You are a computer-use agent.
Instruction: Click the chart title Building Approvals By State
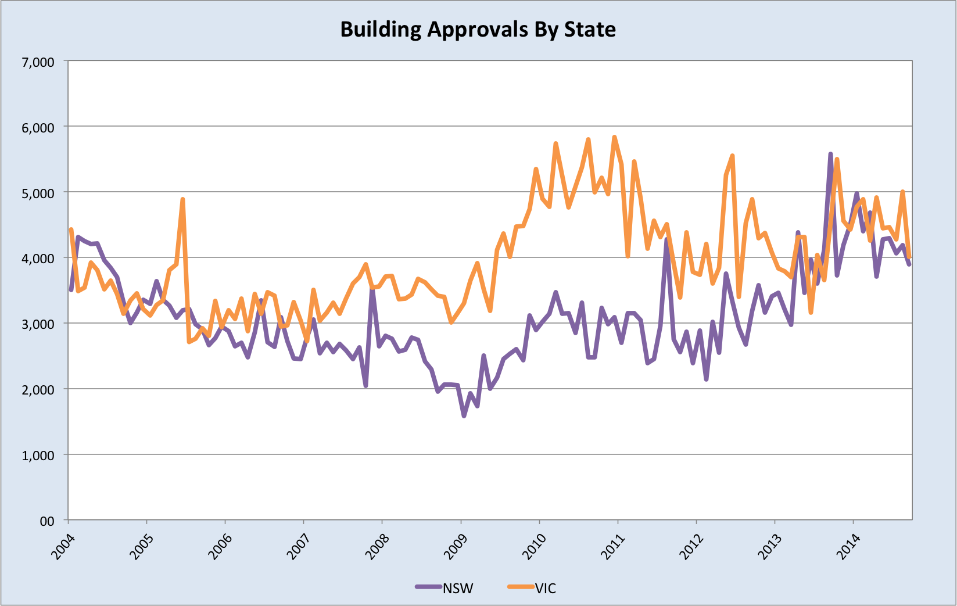[478, 29]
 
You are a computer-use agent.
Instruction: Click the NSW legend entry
[458, 588]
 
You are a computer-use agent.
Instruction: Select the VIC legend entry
[546, 588]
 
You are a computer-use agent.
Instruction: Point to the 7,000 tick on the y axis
[38, 62]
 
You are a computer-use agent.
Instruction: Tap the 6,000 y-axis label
[38, 127]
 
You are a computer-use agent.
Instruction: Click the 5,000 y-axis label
[38, 193]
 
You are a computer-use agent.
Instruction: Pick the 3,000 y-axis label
[38, 324]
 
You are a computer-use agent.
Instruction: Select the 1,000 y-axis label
[38, 456]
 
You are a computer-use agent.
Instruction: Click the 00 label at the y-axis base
[47, 521]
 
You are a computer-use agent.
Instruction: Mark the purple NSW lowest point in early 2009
[464, 416]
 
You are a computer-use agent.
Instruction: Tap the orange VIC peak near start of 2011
[614, 137]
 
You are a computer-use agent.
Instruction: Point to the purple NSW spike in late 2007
[372, 286]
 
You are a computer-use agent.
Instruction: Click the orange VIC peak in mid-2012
[732, 156]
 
